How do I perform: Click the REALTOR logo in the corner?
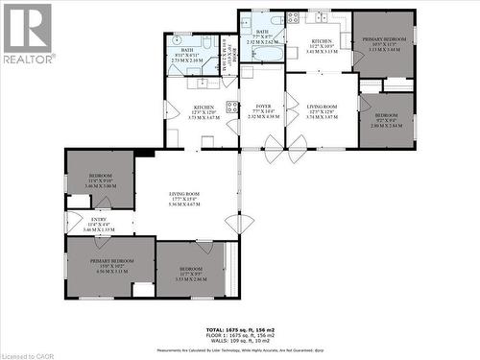[x=28, y=34]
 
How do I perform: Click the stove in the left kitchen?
[x=230, y=108]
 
